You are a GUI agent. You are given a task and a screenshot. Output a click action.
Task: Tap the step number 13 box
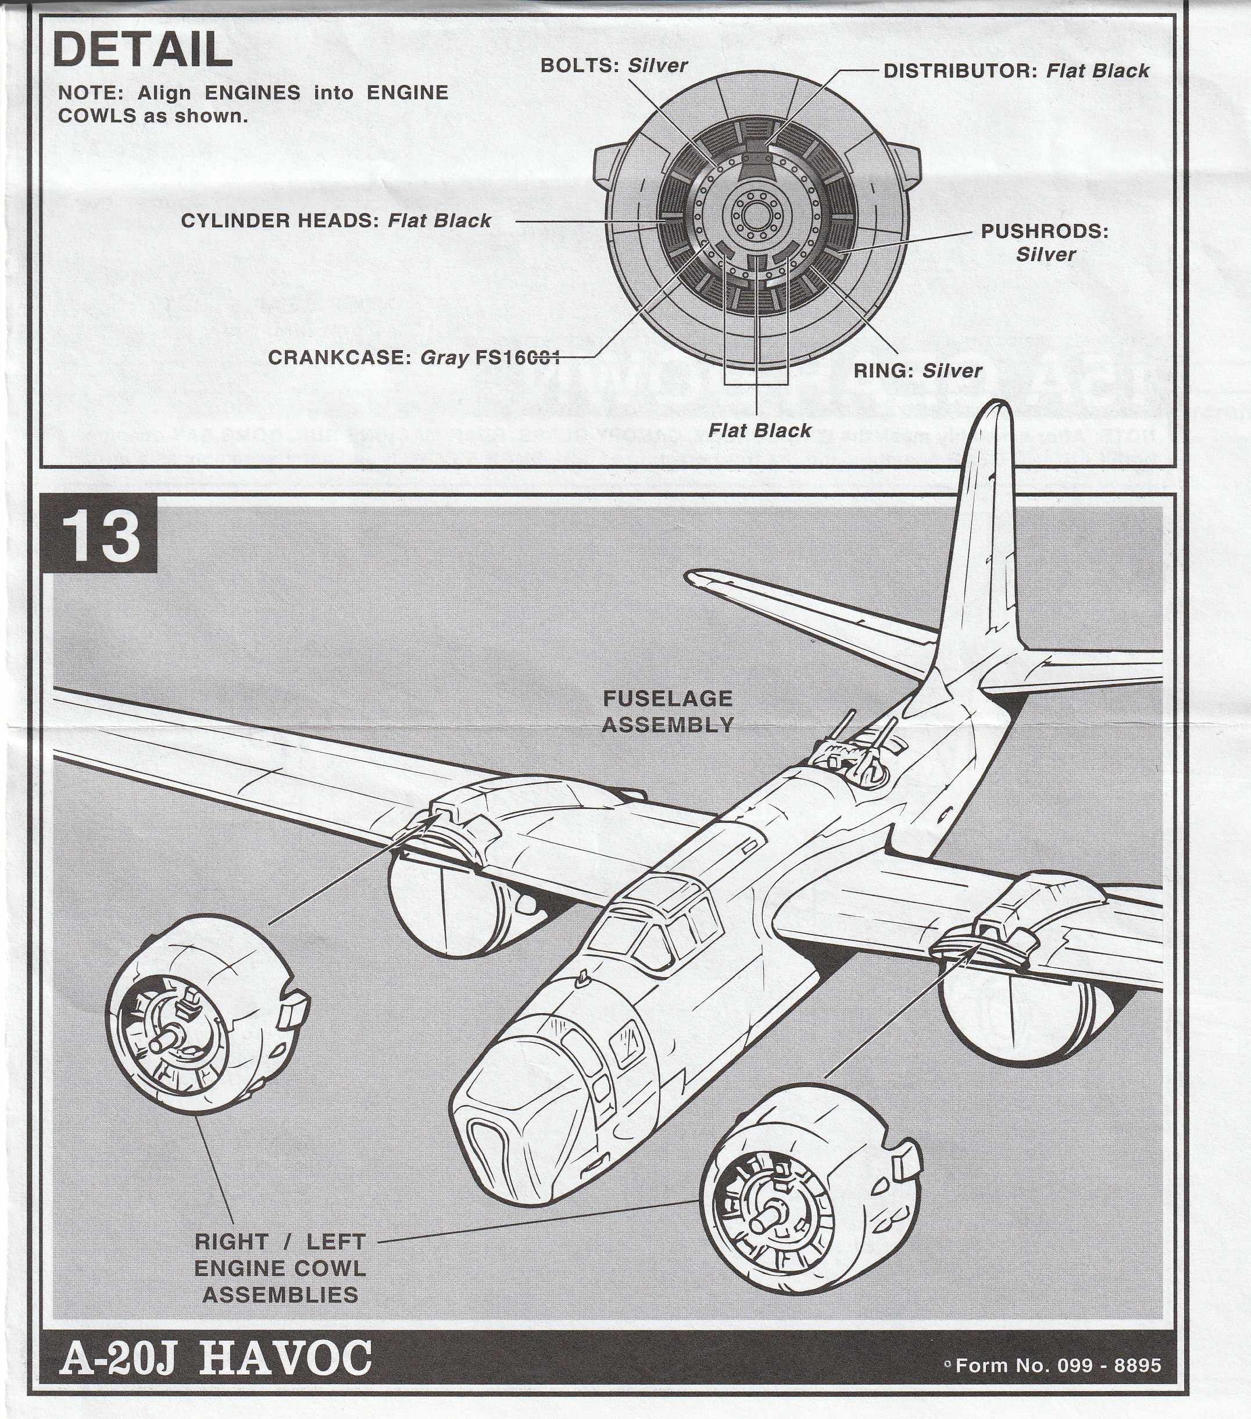(103, 538)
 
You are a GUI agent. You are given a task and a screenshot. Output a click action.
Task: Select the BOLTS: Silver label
(613, 66)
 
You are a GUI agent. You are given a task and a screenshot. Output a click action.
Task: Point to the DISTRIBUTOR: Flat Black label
(1016, 71)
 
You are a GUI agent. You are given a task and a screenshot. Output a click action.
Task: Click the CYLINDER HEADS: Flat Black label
(336, 221)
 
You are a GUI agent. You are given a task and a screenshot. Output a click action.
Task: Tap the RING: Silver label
(917, 370)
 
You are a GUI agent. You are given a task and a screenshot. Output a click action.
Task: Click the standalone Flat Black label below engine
(759, 430)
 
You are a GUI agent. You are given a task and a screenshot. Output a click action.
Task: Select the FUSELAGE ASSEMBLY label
(667, 711)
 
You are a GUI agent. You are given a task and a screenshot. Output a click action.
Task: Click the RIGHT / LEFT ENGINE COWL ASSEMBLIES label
(280, 1268)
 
